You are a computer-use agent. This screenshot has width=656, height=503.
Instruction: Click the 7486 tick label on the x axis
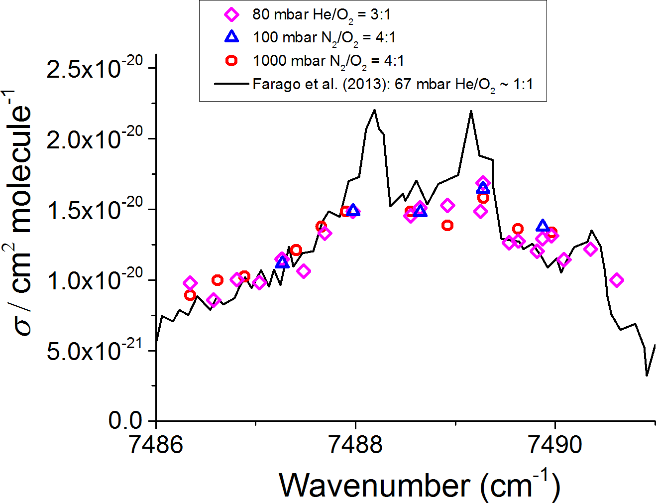coord(156,445)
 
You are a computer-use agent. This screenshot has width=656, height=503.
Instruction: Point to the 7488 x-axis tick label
coord(355,445)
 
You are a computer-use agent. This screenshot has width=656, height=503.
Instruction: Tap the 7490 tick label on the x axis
coord(555,445)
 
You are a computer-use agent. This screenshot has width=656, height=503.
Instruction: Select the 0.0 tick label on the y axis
coord(125,421)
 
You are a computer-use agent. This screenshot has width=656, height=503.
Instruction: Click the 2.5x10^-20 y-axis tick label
coord(95,68)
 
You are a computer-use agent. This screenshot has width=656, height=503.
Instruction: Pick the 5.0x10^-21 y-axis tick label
coord(95,351)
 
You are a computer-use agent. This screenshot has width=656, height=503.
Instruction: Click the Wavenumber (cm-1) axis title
coord(419,485)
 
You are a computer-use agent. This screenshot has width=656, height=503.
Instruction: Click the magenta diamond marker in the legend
coord(231,14)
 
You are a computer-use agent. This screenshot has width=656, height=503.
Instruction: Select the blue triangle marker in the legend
coord(231,37)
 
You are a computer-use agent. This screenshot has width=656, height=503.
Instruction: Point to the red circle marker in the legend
coord(231,60)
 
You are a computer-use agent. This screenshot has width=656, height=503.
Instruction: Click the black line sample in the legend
coord(231,84)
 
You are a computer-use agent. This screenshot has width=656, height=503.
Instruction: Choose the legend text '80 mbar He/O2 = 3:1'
coord(322,14)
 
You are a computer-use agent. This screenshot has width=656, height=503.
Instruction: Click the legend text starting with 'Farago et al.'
coord(393,84)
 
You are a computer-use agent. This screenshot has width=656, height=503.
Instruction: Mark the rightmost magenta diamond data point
coord(617,280)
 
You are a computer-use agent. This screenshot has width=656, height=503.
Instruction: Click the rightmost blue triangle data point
coord(543,226)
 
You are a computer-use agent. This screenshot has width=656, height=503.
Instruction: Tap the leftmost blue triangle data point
coord(282,261)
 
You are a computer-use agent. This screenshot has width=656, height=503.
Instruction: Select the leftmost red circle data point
coord(190,295)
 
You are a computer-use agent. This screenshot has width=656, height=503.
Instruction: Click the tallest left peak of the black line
coord(374,110)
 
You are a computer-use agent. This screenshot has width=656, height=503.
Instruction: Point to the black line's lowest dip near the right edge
coord(647,375)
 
